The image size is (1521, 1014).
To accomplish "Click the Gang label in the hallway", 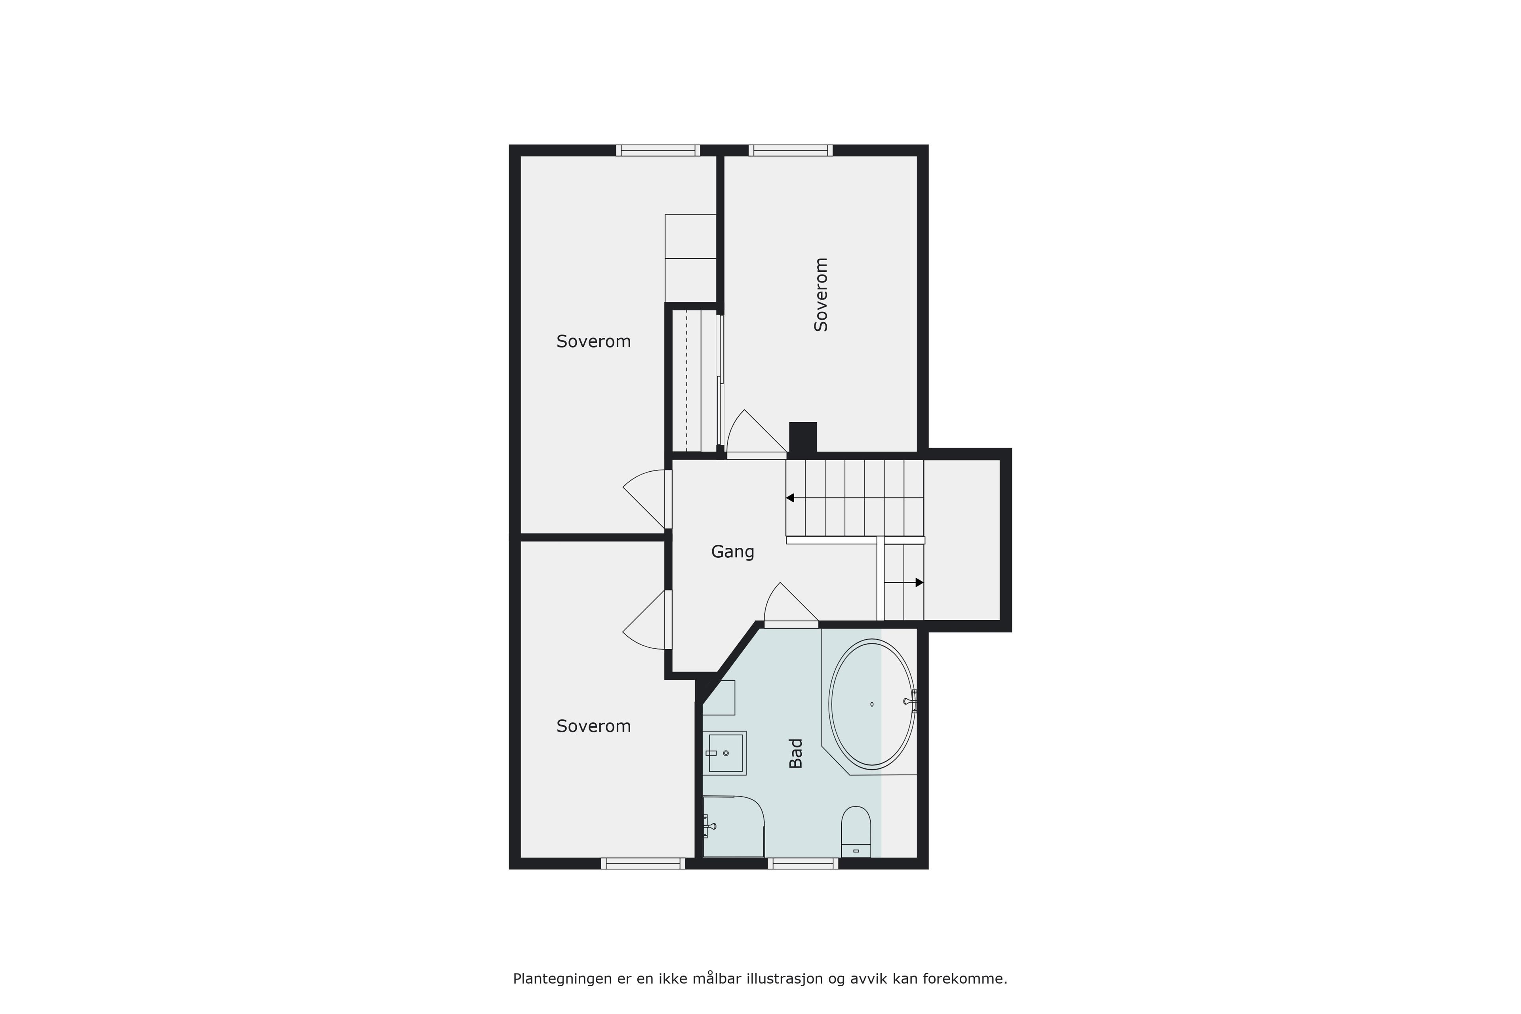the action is pos(733,552).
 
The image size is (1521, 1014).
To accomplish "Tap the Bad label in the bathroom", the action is pos(796,753).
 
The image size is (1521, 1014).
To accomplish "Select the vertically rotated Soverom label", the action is pos(821,295).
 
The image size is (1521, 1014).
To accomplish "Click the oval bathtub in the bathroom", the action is pos(872,704).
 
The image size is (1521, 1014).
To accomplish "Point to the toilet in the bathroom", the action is pos(856,832).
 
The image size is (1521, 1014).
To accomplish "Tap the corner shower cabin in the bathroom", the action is pos(733,827).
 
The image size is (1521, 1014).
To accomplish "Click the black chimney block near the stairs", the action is pos(803,438).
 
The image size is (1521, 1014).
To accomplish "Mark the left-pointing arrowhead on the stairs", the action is pos(789,498).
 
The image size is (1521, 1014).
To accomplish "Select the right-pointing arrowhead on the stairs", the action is pos(920,583).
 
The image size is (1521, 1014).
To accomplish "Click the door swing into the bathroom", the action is pos(791,605).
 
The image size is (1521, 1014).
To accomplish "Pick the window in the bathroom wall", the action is pos(802,863).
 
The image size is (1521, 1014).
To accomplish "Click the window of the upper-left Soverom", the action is pos(658,150).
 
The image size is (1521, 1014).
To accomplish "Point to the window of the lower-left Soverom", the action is pos(643,863).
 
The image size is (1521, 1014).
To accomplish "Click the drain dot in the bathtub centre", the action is pos(872,704).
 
